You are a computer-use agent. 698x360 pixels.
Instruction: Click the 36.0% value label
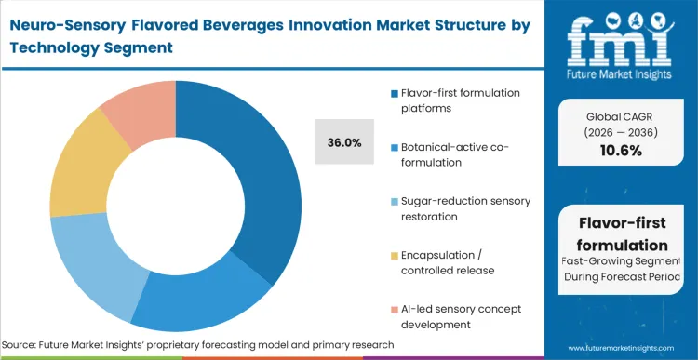click(x=345, y=142)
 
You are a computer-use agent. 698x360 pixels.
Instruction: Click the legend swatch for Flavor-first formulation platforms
click(x=396, y=93)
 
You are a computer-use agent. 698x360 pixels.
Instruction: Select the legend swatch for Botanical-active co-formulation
click(x=396, y=147)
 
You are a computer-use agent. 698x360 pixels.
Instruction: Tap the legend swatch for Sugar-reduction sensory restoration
click(x=396, y=202)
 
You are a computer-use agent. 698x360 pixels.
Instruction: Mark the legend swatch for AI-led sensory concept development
click(x=396, y=310)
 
